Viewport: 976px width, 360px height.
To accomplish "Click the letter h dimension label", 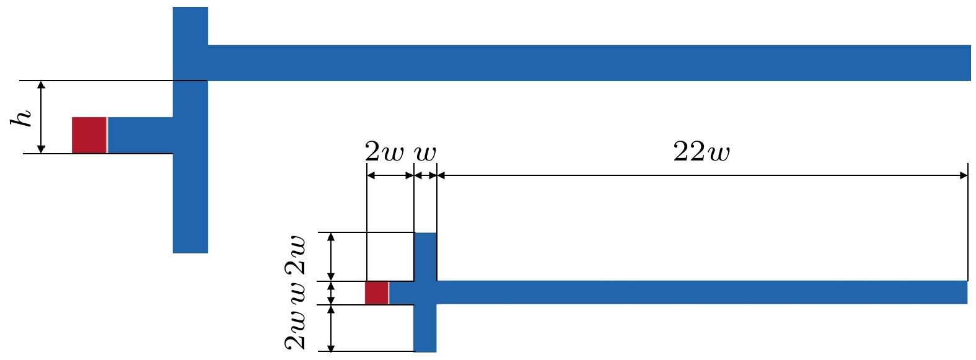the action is point(21,118).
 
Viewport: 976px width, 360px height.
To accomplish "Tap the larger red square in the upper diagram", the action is point(89,135).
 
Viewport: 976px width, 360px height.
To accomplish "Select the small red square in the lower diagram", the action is point(377,292).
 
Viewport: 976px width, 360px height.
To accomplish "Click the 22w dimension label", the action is point(701,152).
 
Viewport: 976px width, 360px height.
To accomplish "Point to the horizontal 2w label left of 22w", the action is point(384,152).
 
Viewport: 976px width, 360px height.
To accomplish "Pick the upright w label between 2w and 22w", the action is point(425,153).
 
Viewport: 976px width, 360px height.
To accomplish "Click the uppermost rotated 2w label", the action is point(296,255).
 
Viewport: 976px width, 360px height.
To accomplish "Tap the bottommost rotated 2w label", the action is point(296,330).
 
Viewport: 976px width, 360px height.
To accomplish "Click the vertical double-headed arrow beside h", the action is point(42,117).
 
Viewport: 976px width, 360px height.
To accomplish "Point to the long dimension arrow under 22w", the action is point(702,175).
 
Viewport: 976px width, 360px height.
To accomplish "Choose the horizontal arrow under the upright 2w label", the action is point(390,175).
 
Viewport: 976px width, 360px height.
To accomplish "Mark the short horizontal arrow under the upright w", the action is point(425,175).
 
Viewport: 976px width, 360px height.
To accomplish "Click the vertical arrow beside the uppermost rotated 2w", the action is point(331,257).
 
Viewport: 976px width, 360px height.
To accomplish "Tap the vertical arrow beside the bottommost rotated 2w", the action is point(331,328).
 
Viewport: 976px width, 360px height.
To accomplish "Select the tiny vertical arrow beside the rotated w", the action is point(331,293).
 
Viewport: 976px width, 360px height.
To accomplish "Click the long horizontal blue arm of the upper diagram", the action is point(589,63).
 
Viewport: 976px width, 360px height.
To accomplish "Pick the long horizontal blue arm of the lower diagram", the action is point(701,292).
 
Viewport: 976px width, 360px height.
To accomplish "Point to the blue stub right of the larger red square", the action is point(140,135).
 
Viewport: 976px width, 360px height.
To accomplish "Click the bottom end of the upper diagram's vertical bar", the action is point(190,253).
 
